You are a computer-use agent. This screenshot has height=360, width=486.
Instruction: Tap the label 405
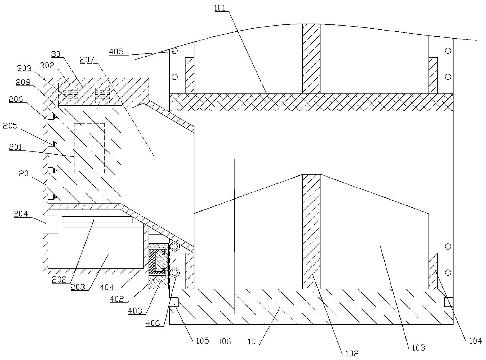click(x=116, y=52)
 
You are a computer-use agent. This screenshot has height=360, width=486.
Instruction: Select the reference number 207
click(x=87, y=60)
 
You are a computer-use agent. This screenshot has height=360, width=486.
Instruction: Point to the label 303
click(x=24, y=68)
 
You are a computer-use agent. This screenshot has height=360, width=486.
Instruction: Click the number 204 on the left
click(x=21, y=214)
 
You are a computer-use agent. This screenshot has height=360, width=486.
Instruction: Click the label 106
click(x=225, y=341)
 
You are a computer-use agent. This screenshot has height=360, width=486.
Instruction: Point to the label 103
click(x=418, y=348)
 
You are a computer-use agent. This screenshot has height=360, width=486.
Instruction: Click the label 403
click(x=135, y=311)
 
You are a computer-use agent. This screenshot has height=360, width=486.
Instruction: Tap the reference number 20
click(x=24, y=174)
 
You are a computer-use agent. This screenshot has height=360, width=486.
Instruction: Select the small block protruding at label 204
click(x=50, y=224)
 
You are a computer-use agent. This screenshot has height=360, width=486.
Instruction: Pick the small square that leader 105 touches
click(x=174, y=302)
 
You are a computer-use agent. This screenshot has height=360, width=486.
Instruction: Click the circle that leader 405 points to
click(x=175, y=51)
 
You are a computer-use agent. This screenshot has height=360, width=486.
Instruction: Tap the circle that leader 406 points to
click(x=175, y=273)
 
